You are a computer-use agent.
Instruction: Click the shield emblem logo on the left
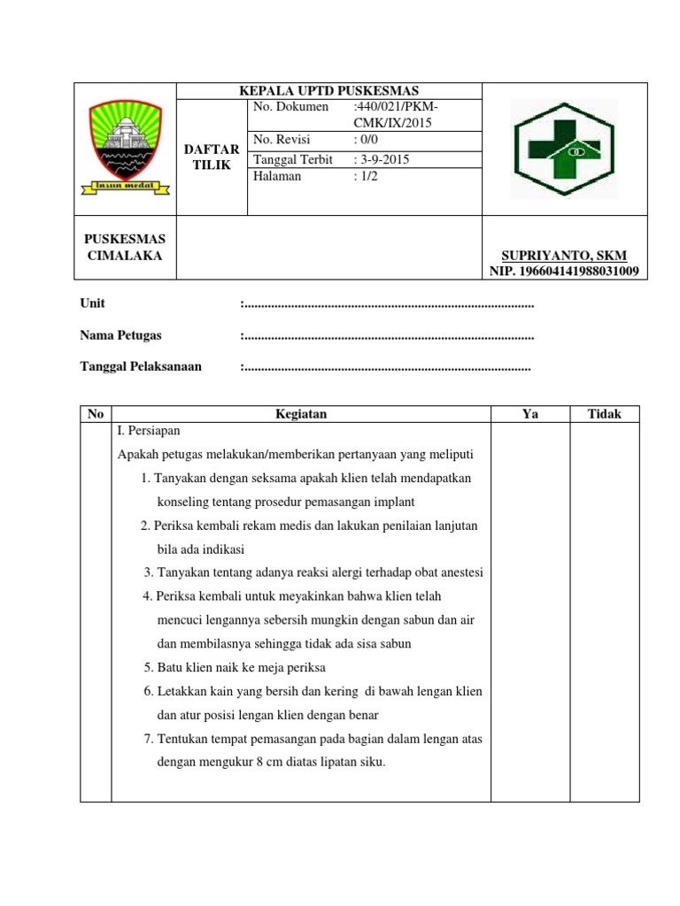pyautogui.click(x=123, y=147)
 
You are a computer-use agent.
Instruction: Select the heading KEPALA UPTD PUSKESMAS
pyautogui.click(x=329, y=91)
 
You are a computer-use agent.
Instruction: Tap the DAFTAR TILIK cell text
pyautogui.click(x=211, y=157)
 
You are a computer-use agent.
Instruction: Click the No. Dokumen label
pyautogui.click(x=290, y=107)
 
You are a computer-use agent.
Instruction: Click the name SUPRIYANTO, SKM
pyautogui.click(x=564, y=256)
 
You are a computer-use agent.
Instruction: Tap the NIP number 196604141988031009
pyautogui.click(x=564, y=271)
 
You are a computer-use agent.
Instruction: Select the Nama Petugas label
pyautogui.click(x=120, y=335)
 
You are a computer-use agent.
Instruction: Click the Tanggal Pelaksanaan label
pyautogui.click(x=141, y=366)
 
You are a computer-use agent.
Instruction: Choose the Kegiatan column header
pyautogui.click(x=301, y=414)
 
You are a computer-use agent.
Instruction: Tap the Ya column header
pyautogui.click(x=530, y=414)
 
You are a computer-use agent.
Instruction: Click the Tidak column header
pyautogui.click(x=605, y=414)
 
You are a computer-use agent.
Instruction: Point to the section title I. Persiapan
pyautogui.click(x=148, y=430)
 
